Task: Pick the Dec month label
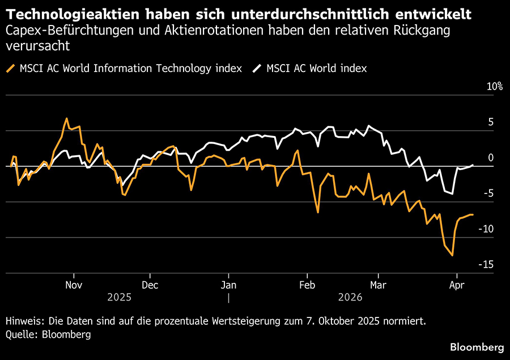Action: (x=150, y=285)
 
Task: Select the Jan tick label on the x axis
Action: (x=228, y=285)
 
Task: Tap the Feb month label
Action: (x=307, y=285)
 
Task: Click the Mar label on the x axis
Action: (x=378, y=285)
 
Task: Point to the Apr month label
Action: (x=456, y=285)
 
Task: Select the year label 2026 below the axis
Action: (x=334, y=297)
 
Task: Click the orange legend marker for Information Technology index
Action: (x=11, y=69)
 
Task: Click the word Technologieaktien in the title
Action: (x=59, y=13)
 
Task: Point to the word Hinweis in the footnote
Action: (x=23, y=321)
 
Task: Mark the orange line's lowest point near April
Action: (x=452, y=255)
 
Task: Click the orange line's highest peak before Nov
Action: (x=66, y=118)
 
